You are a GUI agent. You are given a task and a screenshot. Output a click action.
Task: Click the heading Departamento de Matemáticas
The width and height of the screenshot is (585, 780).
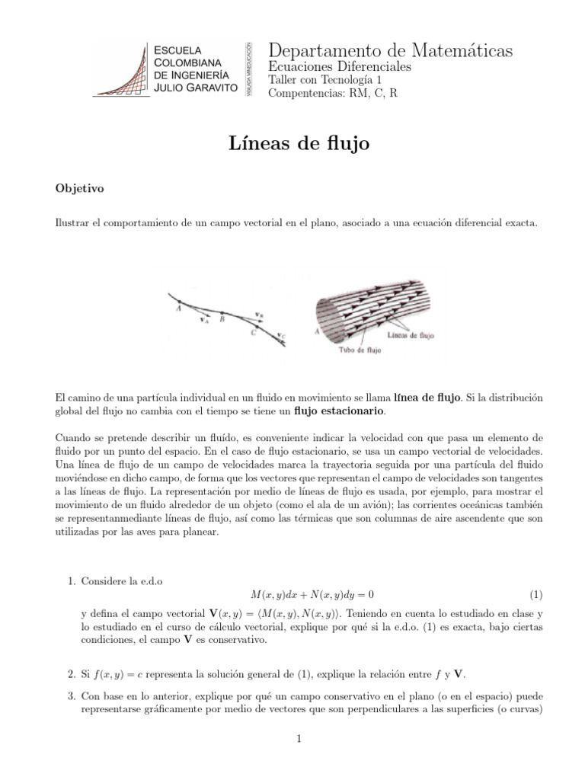(391, 50)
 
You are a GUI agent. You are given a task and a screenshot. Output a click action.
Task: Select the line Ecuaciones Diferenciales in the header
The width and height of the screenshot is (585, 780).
(340, 67)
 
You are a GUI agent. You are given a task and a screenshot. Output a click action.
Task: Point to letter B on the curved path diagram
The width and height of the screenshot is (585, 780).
(222, 320)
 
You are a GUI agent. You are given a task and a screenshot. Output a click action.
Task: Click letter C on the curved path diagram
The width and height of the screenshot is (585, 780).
(253, 332)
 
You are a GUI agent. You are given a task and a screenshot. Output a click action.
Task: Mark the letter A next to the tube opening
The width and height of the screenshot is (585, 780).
(315, 332)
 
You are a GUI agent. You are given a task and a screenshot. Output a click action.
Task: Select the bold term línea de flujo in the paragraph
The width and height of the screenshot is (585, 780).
(427, 398)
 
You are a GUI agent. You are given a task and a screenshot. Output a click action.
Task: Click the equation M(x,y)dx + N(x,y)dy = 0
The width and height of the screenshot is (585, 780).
(312, 594)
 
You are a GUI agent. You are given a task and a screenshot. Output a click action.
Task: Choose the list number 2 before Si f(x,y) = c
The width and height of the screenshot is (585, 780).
(72, 673)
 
